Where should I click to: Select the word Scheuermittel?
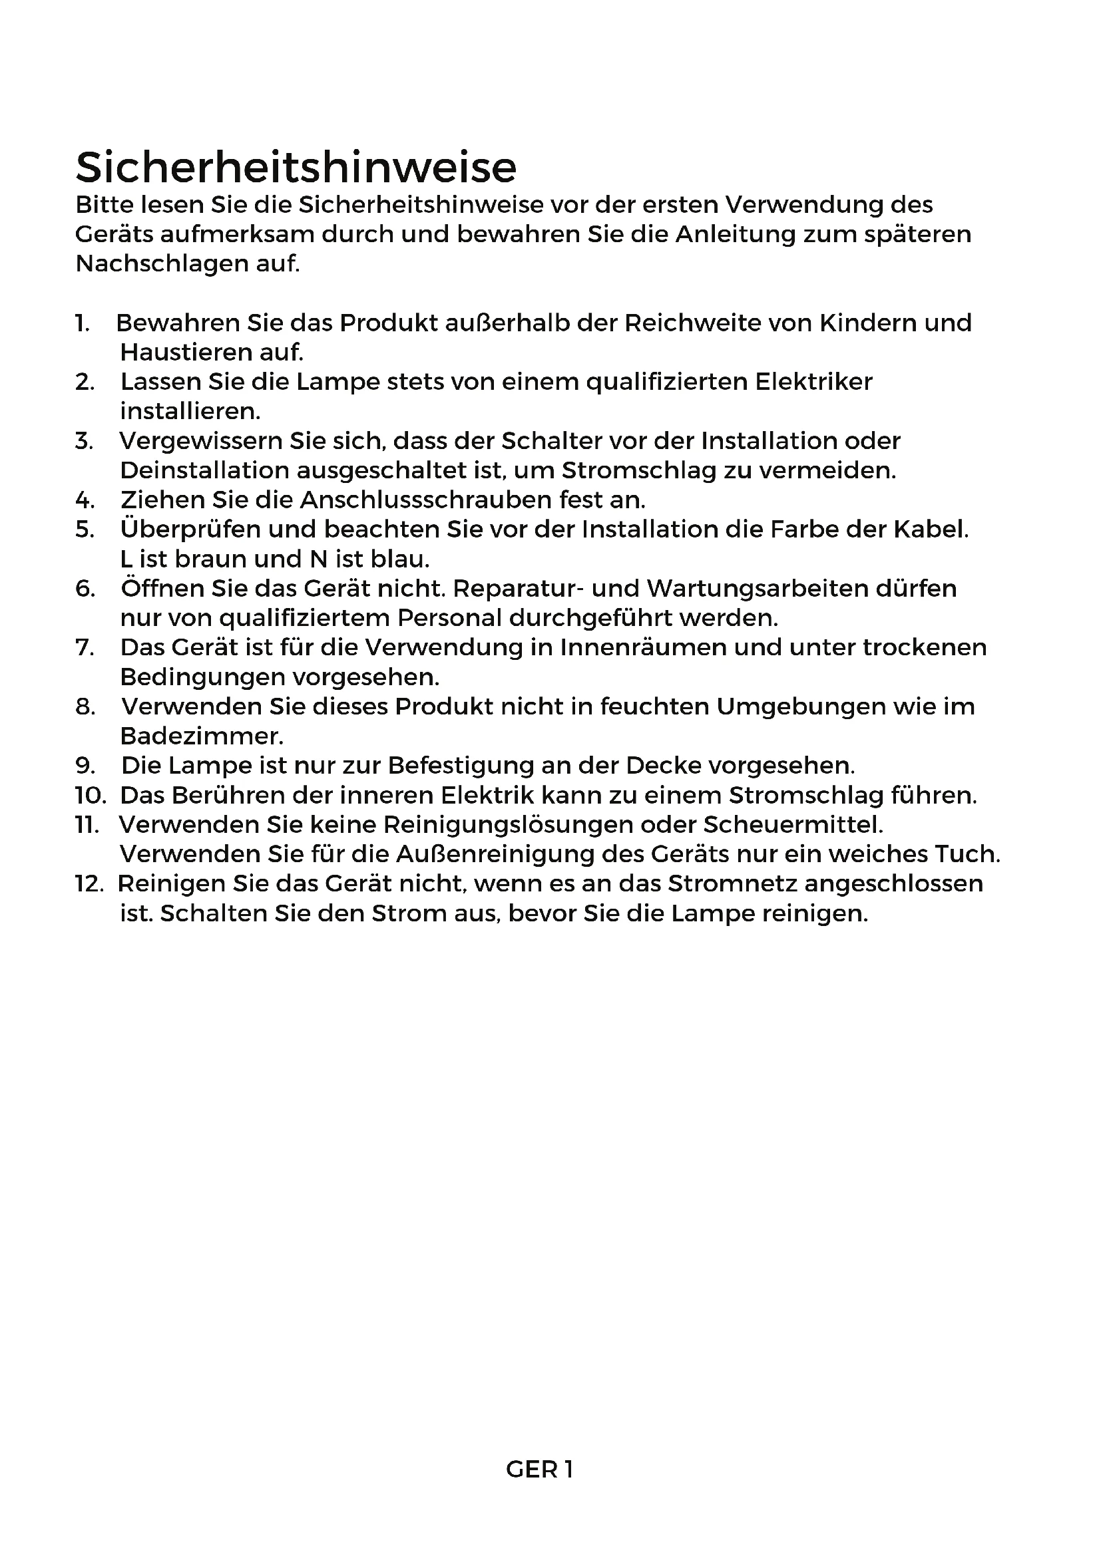[793, 825]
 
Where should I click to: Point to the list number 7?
[85, 648]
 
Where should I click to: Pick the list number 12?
[89, 884]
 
